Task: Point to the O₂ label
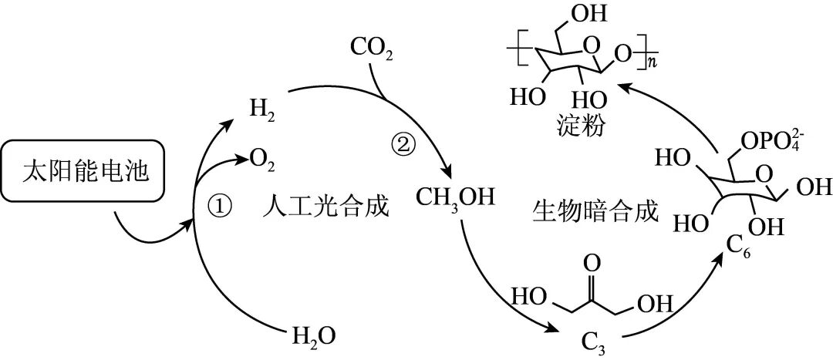tap(262, 160)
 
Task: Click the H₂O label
tap(314, 336)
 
